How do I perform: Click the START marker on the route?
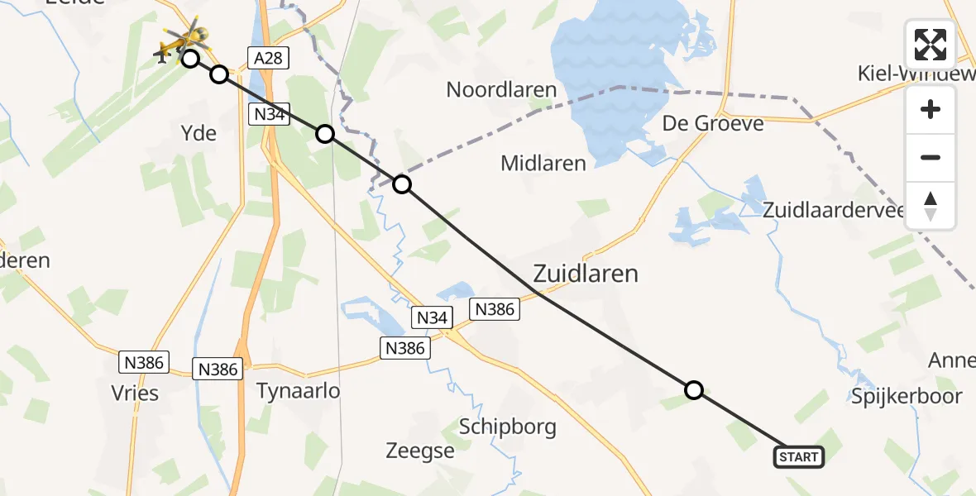tap(798, 456)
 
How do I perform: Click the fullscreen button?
tap(931, 45)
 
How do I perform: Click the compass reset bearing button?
tap(931, 206)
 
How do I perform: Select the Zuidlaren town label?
tap(586, 273)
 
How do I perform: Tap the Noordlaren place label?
tap(501, 89)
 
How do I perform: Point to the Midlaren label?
tap(543, 163)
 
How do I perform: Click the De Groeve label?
tap(713, 123)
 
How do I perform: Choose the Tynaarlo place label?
tap(299, 390)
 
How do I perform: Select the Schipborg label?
tap(507, 427)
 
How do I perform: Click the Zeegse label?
tap(420, 451)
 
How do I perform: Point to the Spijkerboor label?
tap(907, 396)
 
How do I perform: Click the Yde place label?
tap(198, 132)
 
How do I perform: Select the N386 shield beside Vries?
tap(144, 362)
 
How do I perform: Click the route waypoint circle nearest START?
tap(694, 389)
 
